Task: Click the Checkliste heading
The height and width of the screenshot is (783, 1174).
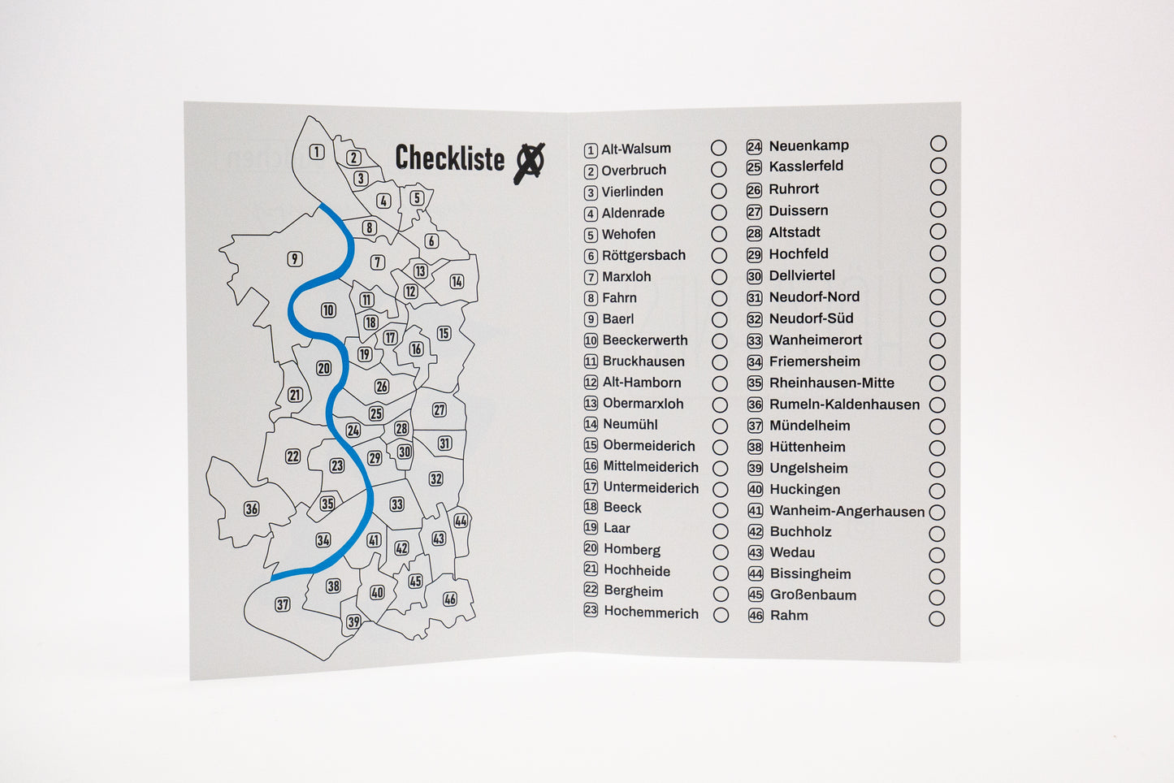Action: (449, 158)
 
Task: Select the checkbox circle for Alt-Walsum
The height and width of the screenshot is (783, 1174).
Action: (719, 148)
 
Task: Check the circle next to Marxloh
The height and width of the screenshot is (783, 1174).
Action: (720, 276)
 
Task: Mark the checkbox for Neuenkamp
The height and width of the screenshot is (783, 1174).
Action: (938, 144)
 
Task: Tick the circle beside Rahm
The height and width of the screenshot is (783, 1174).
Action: (937, 618)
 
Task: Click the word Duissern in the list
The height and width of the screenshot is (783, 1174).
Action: (798, 210)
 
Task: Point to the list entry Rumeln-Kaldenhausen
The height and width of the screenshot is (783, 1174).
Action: (844, 404)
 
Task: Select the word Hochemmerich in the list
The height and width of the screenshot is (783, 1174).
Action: (651, 612)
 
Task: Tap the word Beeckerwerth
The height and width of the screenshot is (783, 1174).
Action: (645, 340)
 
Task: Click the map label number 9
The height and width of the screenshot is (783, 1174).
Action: (295, 259)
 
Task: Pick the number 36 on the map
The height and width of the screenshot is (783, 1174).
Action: (252, 509)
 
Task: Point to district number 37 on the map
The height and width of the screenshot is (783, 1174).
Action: (283, 604)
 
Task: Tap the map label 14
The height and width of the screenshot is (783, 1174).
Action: (457, 282)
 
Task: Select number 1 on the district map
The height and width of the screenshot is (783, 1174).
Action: (317, 152)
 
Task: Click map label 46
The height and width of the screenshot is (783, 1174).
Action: (449, 599)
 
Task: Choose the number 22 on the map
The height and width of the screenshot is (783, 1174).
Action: (292, 456)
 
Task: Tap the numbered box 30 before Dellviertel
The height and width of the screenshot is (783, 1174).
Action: (755, 276)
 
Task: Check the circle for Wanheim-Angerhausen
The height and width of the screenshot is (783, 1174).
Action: (937, 513)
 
